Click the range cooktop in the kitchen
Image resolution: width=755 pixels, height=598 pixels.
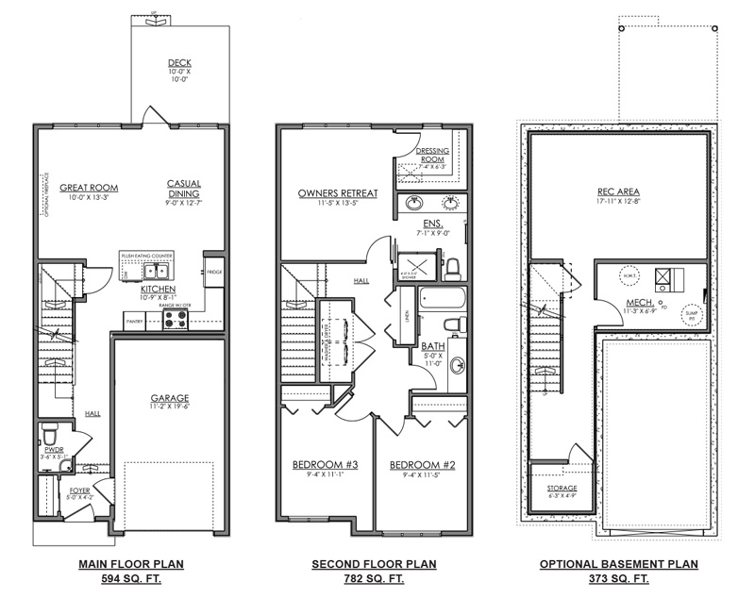pos(176,320)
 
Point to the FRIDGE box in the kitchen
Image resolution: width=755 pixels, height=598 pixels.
pos(214,272)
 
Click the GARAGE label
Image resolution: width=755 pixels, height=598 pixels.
pos(170,398)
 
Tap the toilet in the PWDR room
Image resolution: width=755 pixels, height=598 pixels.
pos(51,437)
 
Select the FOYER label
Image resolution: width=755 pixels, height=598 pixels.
pos(80,490)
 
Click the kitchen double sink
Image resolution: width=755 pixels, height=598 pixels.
pos(155,274)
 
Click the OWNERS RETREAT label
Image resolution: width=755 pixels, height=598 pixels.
pos(338,193)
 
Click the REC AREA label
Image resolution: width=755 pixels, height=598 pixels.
pos(618,190)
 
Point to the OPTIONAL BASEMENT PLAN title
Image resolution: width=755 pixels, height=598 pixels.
pos(618,564)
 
